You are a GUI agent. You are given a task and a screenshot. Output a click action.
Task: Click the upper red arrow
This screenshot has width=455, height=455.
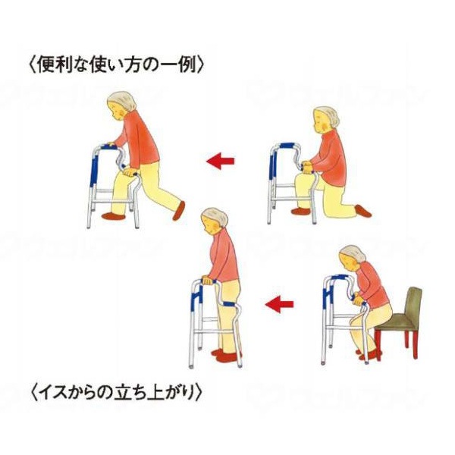[220, 161]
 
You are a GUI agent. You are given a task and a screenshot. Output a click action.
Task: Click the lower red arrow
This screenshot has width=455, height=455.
[280, 306]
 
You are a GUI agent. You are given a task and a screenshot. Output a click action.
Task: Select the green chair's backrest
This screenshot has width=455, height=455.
[413, 306]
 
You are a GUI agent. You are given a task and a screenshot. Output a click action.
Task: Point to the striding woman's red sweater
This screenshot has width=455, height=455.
[141, 140]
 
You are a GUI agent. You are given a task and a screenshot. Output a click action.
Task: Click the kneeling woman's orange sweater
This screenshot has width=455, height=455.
[330, 156]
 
